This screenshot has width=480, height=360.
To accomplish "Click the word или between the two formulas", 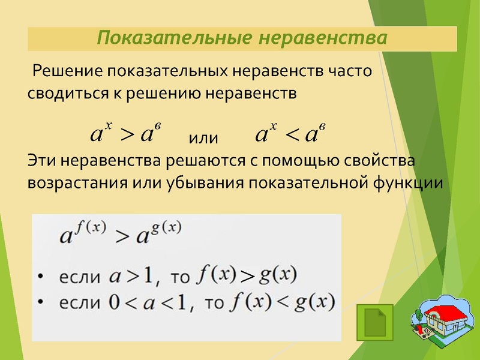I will pos(204,138).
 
